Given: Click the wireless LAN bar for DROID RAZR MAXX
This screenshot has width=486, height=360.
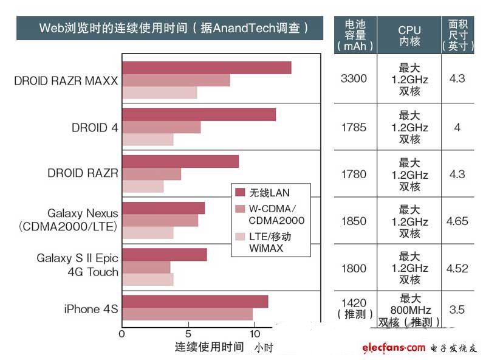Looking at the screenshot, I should (x=207, y=67).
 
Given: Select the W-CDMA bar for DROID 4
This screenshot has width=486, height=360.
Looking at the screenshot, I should (x=161, y=127).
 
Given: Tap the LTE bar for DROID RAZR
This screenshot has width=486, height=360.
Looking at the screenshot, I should (x=143, y=186).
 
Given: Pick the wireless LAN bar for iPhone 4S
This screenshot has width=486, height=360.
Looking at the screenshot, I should (x=194, y=302).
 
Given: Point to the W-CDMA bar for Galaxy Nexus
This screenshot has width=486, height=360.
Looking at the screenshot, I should (x=160, y=220).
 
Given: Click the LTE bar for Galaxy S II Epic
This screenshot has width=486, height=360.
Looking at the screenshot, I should (x=148, y=279).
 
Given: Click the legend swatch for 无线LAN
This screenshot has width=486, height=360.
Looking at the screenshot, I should (x=240, y=193).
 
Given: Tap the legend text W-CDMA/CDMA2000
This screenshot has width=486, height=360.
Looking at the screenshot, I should (x=276, y=215).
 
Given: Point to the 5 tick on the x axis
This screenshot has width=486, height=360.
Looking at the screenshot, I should (x=188, y=334).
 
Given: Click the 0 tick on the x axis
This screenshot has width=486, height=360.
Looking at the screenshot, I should (x=122, y=334).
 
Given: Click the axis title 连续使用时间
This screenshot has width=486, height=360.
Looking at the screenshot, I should (x=209, y=347).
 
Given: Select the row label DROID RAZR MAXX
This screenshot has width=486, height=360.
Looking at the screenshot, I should (x=66, y=81).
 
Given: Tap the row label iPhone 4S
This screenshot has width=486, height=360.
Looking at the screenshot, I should (x=91, y=309).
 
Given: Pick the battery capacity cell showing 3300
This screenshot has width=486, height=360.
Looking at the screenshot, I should (x=355, y=78).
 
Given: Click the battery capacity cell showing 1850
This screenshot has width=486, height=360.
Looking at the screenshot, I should (x=355, y=221).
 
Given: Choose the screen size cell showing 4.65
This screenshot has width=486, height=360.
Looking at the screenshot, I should (x=457, y=221).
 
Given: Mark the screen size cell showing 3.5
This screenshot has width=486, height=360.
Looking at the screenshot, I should (x=457, y=310).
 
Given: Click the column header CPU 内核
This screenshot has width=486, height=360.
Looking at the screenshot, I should (x=409, y=35).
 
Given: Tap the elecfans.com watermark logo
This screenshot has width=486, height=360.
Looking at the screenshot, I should (x=394, y=348).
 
